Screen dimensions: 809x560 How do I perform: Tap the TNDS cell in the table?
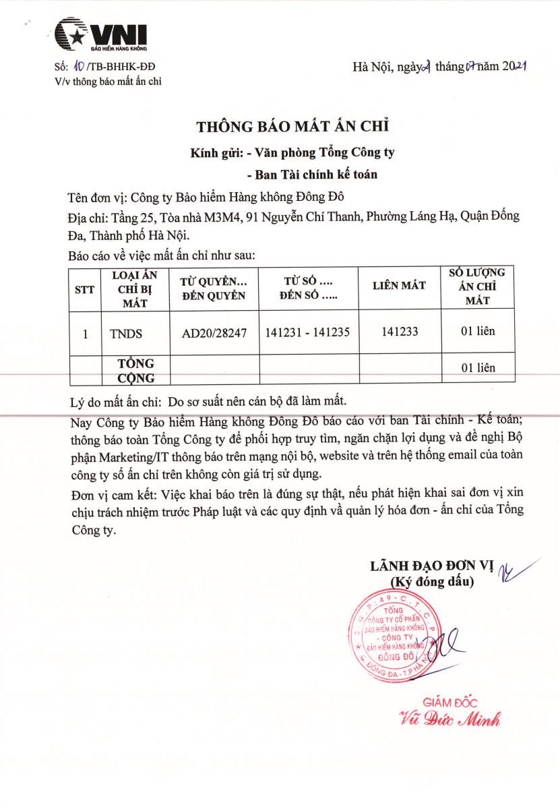click(x=126, y=332)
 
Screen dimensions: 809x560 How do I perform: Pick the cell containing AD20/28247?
click(x=215, y=332)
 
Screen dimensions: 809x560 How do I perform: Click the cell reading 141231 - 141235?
click(x=307, y=332)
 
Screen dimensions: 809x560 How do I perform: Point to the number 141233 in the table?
click(x=400, y=332)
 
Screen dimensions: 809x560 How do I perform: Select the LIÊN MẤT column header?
click(x=399, y=286)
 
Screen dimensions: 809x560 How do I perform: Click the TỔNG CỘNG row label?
click(x=135, y=371)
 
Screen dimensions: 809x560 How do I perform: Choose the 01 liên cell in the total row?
click(x=478, y=367)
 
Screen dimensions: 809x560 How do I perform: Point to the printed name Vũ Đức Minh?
click(x=449, y=719)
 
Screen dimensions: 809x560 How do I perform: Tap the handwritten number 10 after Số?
click(x=79, y=66)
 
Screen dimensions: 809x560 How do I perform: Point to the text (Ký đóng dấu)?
click(x=432, y=580)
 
